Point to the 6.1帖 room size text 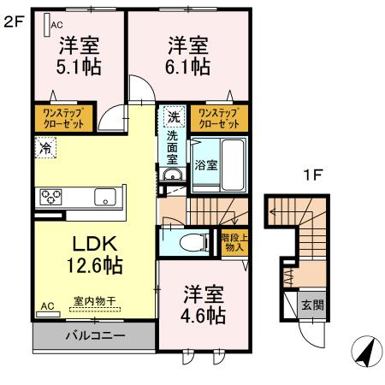pos(188,63)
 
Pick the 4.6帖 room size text pos(204,317)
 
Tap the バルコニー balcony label pos(96,335)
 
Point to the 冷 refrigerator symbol pos(44,146)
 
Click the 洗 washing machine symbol pos(174,115)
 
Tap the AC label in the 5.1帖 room pos(57,25)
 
